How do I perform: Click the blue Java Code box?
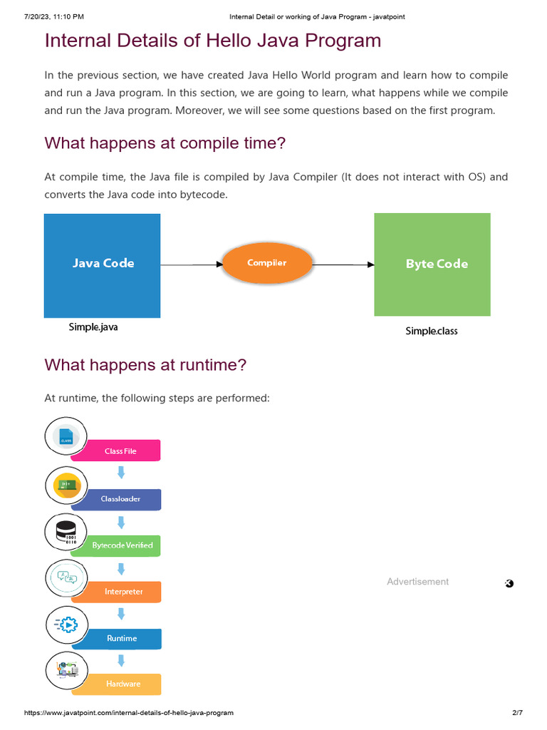tap(102, 265)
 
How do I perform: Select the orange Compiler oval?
tap(267, 263)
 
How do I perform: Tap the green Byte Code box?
tap(432, 264)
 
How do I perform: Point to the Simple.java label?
tap(93, 327)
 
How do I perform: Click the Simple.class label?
tap(432, 331)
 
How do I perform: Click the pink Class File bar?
tap(121, 451)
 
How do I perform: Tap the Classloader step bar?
tap(121, 499)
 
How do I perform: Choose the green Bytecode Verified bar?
tap(123, 545)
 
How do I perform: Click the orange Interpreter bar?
tap(123, 592)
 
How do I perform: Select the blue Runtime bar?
tap(123, 638)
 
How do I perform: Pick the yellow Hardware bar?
tap(123, 684)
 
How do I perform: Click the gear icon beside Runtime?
tap(67, 624)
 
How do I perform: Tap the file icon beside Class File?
tap(66, 436)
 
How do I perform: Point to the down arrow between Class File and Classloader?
tap(121, 472)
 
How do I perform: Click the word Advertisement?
tap(417, 582)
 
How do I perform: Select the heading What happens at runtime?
tap(145, 365)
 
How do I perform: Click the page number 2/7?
tap(517, 713)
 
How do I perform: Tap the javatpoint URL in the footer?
tap(129, 713)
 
